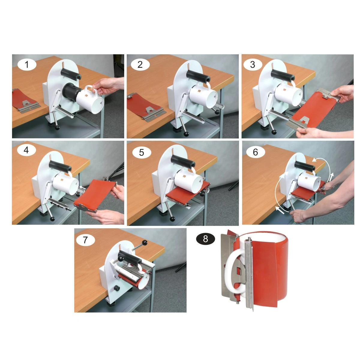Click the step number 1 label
(27, 64)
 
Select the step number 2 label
(140, 64)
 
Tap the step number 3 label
(253, 64)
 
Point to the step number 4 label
(26, 150)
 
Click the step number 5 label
(142, 152)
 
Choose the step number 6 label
(256, 152)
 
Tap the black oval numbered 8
(205, 239)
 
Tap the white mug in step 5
(188, 180)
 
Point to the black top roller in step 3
(283, 75)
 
